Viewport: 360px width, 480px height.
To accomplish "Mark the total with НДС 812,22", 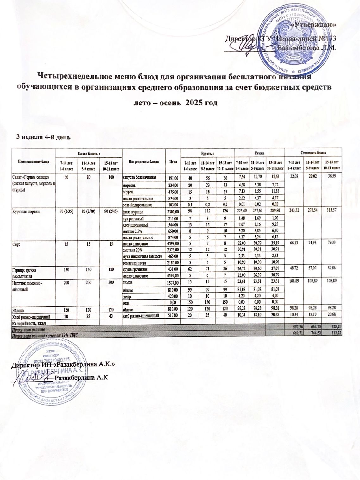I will tap(334, 335).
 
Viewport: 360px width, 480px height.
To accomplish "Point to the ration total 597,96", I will tap(292, 330).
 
